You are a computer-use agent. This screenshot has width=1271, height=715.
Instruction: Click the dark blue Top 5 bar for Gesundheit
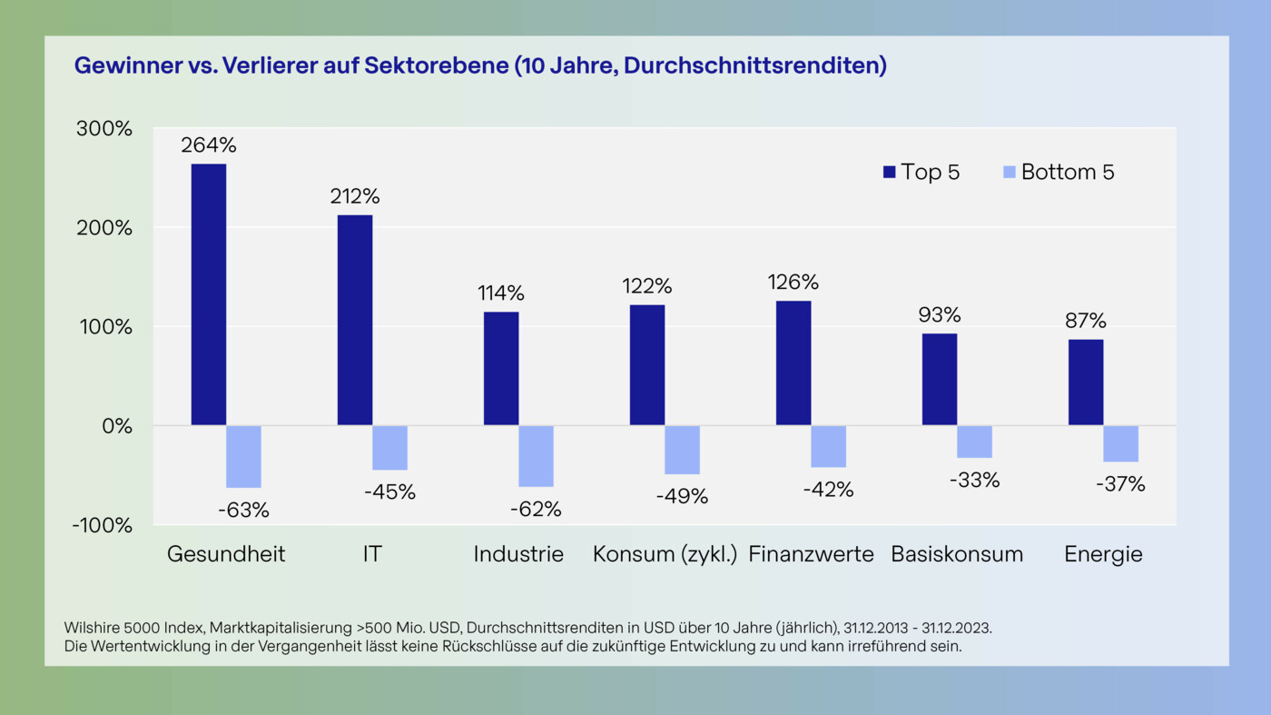point(208,294)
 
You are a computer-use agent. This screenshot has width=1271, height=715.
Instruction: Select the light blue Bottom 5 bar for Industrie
point(536,456)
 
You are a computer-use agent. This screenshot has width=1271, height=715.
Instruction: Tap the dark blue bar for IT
point(354,320)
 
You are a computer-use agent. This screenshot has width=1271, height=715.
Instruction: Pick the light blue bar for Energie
point(1120,443)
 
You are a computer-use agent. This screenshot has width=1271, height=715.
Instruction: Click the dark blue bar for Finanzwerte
point(793,362)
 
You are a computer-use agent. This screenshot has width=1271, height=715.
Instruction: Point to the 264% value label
point(208,145)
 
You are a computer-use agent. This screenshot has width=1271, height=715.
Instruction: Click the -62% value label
point(536,510)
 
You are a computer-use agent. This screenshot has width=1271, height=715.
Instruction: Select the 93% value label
point(939,315)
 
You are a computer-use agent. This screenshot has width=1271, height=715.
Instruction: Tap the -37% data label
point(1120,485)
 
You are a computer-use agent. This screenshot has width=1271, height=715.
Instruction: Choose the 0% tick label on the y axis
point(117,426)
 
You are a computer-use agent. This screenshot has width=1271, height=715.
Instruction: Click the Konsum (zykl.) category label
point(665,554)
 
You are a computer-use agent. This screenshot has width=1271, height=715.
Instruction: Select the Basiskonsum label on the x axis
point(957,554)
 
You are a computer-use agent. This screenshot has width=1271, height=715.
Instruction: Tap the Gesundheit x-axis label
point(226,554)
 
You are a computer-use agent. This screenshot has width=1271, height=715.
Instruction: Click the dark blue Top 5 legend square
point(889,172)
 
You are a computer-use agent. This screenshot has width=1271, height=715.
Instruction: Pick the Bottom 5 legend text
point(1068,172)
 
